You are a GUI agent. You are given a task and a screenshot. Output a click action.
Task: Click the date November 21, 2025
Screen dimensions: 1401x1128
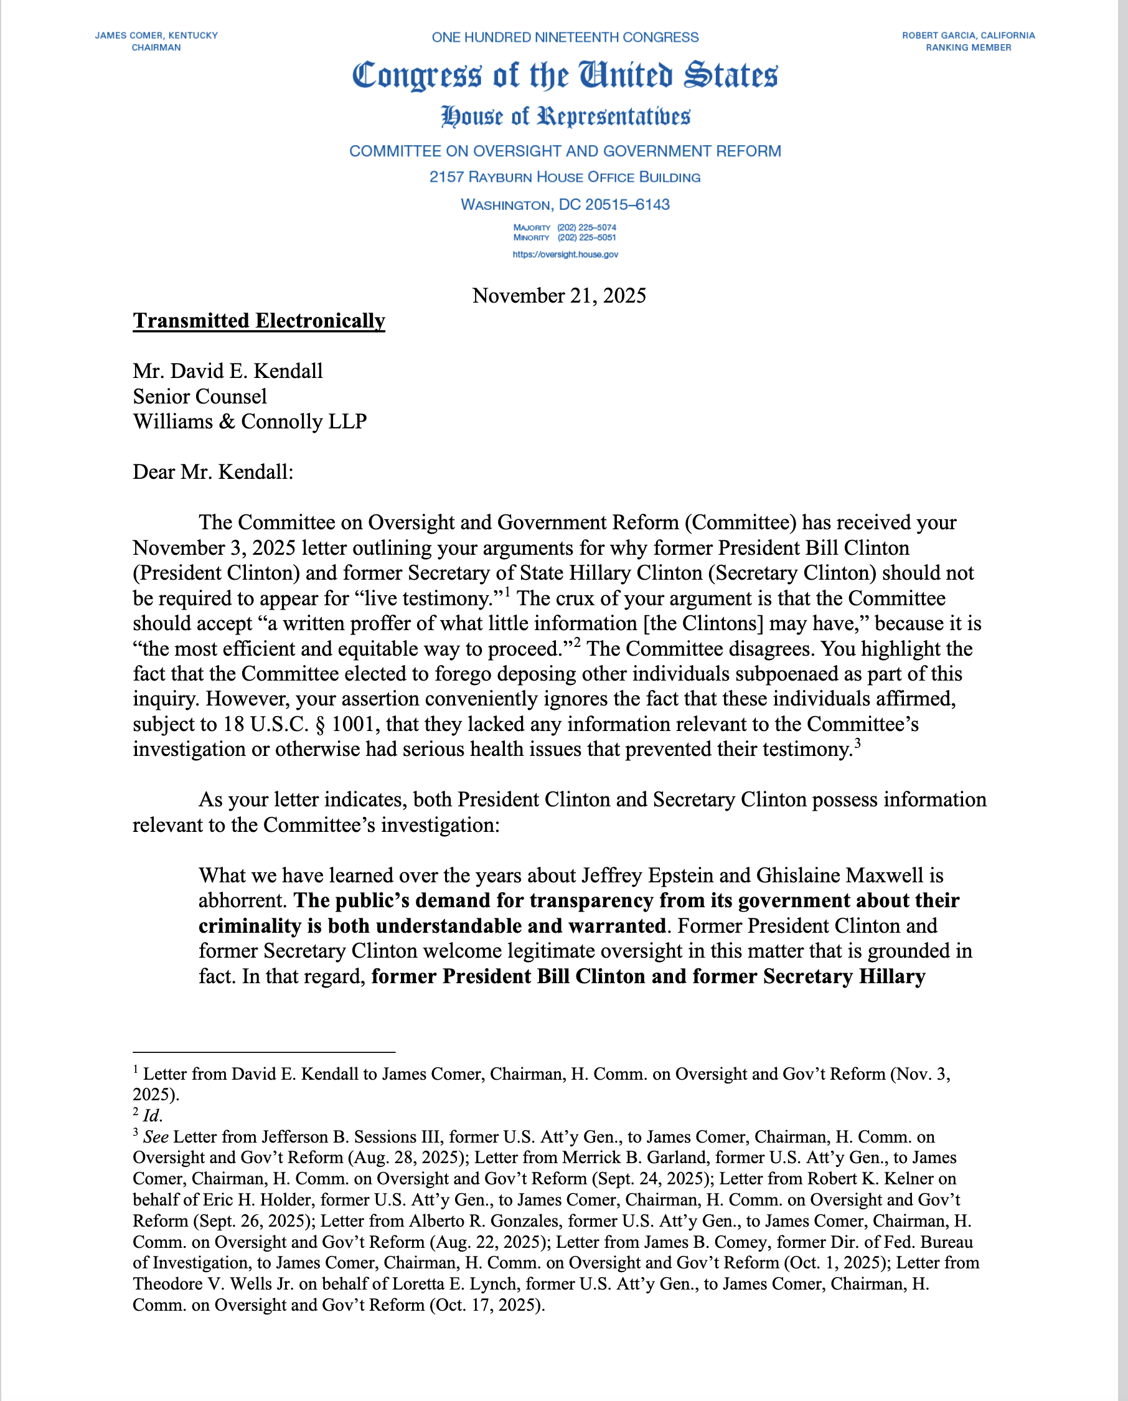click(559, 296)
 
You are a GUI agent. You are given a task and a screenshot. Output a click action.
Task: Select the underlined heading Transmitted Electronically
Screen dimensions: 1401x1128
click(258, 321)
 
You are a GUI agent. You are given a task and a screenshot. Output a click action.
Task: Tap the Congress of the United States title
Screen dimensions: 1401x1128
click(565, 75)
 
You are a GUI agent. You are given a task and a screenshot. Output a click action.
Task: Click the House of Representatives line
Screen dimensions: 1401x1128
click(565, 117)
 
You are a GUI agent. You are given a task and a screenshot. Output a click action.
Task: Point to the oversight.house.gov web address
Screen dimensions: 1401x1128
click(565, 255)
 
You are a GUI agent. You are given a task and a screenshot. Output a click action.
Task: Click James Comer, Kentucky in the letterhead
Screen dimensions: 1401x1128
click(157, 35)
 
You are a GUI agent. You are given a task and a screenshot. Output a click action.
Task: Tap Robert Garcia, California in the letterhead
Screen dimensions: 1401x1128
click(968, 35)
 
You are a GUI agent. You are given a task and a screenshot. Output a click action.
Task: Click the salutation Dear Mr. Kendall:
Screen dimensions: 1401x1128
click(213, 472)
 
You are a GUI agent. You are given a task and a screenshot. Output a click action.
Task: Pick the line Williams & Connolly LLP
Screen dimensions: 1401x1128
click(250, 422)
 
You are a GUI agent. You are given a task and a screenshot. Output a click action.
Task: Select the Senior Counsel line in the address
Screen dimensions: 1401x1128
click(199, 397)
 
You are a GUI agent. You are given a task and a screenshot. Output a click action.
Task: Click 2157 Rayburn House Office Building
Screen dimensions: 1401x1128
click(565, 177)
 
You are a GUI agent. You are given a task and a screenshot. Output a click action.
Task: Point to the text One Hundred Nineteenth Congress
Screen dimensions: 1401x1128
click(565, 38)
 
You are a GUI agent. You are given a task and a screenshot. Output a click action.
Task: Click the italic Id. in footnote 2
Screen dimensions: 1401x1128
click(152, 1116)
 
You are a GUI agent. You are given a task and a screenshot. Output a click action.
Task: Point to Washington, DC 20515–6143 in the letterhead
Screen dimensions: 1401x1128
click(565, 205)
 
